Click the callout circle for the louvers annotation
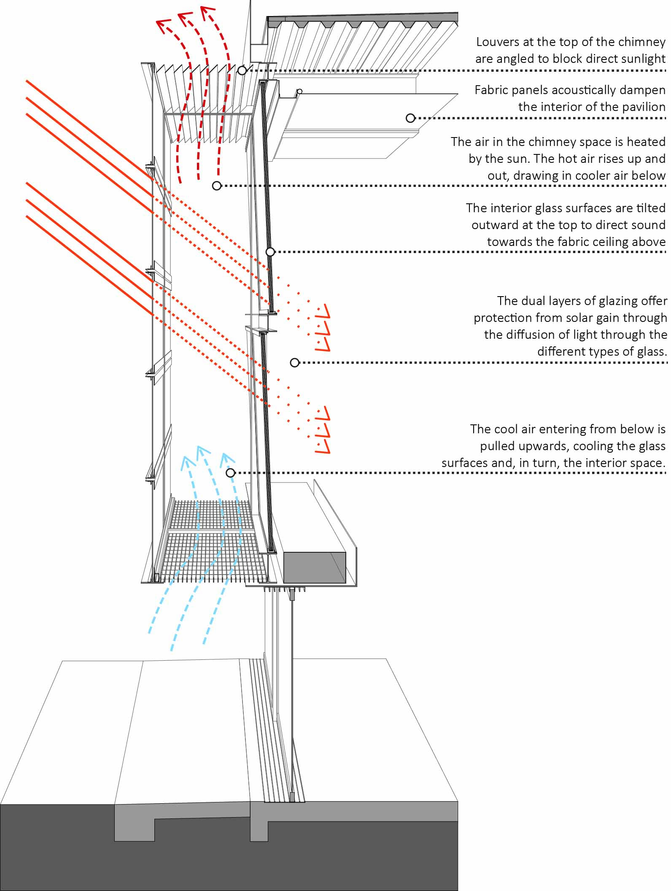click(242, 70)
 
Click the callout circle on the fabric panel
click(410, 118)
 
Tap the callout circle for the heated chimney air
click(217, 186)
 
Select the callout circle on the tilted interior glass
click(270, 252)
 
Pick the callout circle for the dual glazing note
click(295, 362)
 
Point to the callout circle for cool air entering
click(230, 473)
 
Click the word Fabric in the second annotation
click(490, 90)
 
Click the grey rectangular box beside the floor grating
click(315, 568)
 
